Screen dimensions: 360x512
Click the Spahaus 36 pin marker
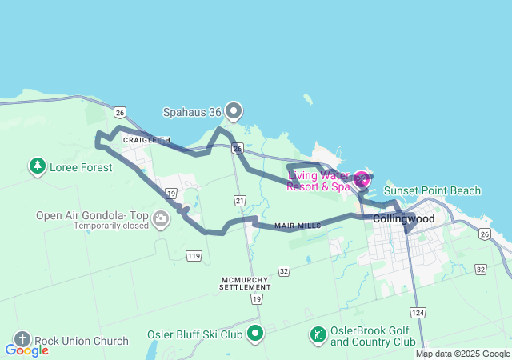pos(233,111)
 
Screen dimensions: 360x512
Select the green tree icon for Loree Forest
pos(37,166)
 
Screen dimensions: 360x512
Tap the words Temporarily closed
pos(111,226)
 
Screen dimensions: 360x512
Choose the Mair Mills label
pos(297,226)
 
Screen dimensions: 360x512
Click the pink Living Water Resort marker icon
pos(362,180)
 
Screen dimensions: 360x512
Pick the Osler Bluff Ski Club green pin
pos(255,333)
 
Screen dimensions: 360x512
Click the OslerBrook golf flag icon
pos(318,334)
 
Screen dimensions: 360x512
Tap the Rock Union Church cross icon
pos(22,340)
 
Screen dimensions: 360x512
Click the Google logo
pos(26,350)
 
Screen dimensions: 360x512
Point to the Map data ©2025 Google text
pos(462,354)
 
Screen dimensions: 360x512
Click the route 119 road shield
pos(193,256)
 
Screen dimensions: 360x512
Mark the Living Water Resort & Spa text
pos(319,181)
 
